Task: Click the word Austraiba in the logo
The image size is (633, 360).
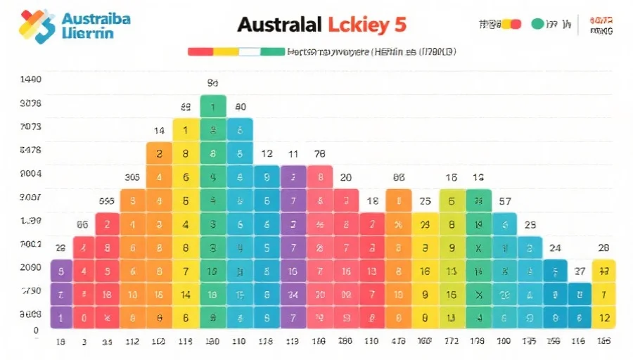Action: tap(96, 18)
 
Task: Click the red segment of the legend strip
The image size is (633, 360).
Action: tap(200, 51)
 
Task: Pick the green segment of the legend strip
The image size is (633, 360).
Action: tap(273, 51)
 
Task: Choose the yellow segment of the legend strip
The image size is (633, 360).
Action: tap(226, 51)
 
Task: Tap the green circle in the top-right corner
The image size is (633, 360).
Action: tap(538, 24)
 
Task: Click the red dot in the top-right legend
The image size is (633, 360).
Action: tap(516, 24)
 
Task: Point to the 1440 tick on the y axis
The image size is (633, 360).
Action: tap(30, 79)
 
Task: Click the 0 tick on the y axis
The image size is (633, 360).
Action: tap(35, 330)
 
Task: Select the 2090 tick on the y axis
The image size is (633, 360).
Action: tap(30, 268)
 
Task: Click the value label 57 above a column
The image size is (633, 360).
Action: tap(504, 201)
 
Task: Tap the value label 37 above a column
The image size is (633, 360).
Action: tap(580, 271)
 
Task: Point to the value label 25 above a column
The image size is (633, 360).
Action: tap(425, 201)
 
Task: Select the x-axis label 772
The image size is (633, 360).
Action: tap(451, 342)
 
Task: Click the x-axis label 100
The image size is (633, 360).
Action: tap(504, 342)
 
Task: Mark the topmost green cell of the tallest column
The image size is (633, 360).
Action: tap(213, 106)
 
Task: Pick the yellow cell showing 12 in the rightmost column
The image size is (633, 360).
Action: tap(604, 317)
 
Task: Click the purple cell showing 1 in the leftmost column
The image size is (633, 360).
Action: tap(61, 317)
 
